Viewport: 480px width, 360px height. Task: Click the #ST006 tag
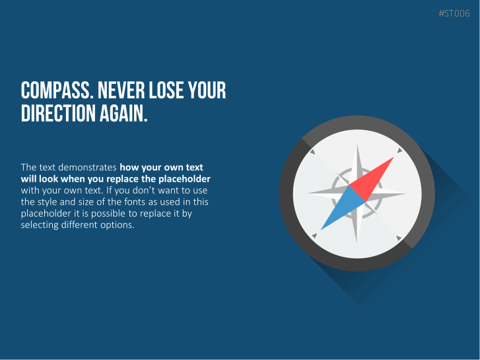coord(454,13)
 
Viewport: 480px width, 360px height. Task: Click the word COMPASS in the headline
coord(57,90)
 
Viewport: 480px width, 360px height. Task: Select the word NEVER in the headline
coord(121,90)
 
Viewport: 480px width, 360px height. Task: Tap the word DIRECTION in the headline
coord(58,113)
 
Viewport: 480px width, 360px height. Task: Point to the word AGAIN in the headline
coord(123,113)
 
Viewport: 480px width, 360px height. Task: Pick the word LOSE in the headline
coord(166,90)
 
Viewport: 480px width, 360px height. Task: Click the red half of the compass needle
coord(372,179)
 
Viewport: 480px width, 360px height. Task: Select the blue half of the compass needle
coord(343,208)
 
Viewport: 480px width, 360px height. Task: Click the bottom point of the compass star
coord(357,242)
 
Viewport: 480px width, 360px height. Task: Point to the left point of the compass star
coord(308,194)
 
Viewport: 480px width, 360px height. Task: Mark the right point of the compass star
coord(405,194)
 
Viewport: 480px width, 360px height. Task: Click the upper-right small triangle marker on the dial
coord(399,151)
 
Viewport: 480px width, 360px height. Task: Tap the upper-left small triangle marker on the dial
coord(312,152)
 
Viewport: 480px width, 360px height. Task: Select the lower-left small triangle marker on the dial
coord(314,236)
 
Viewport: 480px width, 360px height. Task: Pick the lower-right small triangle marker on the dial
coord(399,238)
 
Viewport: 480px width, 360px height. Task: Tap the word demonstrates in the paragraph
coord(87,167)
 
